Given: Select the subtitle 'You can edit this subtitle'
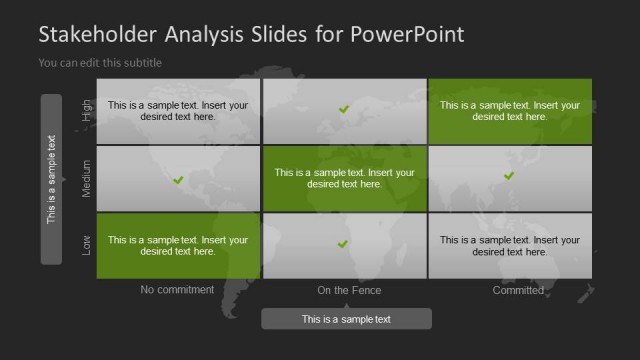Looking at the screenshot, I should [x=99, y=63].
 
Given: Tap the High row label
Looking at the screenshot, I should [x=87, y=110].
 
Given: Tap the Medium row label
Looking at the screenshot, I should [x=87, y=178].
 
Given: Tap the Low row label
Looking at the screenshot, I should [x=87, y=244].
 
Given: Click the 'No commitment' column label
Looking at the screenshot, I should [x=178, y=290].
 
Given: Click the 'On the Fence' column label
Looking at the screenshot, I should [x=349, y=290].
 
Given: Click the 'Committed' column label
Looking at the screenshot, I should [x=518, y=290].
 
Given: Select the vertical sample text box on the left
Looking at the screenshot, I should [x=51, y=179].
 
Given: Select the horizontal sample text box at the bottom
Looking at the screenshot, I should [x=347, y=319].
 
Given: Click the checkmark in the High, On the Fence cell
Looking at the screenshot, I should [x=344, y=109].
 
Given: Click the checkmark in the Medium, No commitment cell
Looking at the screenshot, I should [x=178, y=180].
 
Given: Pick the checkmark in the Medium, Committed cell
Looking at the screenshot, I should [x=509, y=176].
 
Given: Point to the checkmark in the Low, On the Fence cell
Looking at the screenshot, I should [x=343, y=244].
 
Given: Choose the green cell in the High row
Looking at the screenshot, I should [x=510, y=111].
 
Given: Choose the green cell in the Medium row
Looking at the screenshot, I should [x=344, y=178].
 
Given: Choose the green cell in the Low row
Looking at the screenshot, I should [x=178, y=246].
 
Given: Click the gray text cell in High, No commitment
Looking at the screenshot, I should [x=178, y=111].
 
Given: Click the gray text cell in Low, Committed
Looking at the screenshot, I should [x=510, y=246].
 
